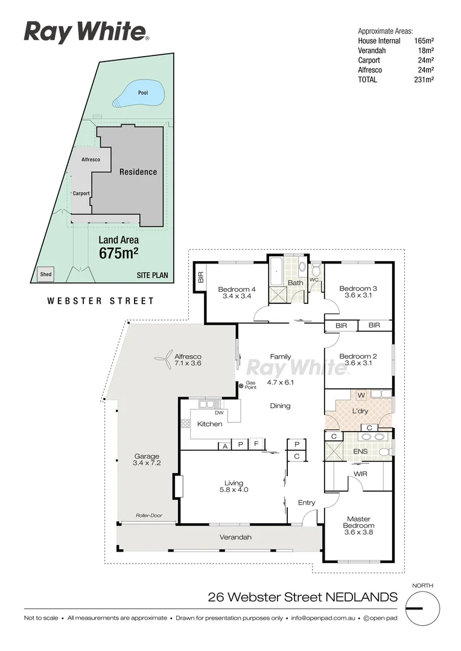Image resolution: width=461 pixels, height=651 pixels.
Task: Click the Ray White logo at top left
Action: (86, 32)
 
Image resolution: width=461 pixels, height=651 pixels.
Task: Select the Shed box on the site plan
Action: (45, 274)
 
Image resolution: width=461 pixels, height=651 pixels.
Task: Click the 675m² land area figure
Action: (118, 253)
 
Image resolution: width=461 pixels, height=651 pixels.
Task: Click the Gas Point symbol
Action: (241, 386)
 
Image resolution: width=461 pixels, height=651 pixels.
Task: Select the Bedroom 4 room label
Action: (237, 289)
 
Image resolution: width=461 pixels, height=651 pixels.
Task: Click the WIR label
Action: (361, 474)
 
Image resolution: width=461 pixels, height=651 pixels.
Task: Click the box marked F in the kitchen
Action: (256, 445)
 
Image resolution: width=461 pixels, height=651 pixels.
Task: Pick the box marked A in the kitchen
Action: (225, 445)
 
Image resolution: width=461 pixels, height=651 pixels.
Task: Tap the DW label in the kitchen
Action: (220, 413)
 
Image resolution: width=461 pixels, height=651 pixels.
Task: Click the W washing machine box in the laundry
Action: (361, 395)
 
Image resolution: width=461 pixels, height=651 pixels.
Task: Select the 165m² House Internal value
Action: (424, 41)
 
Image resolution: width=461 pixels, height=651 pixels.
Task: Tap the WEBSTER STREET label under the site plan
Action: (101, 301)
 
